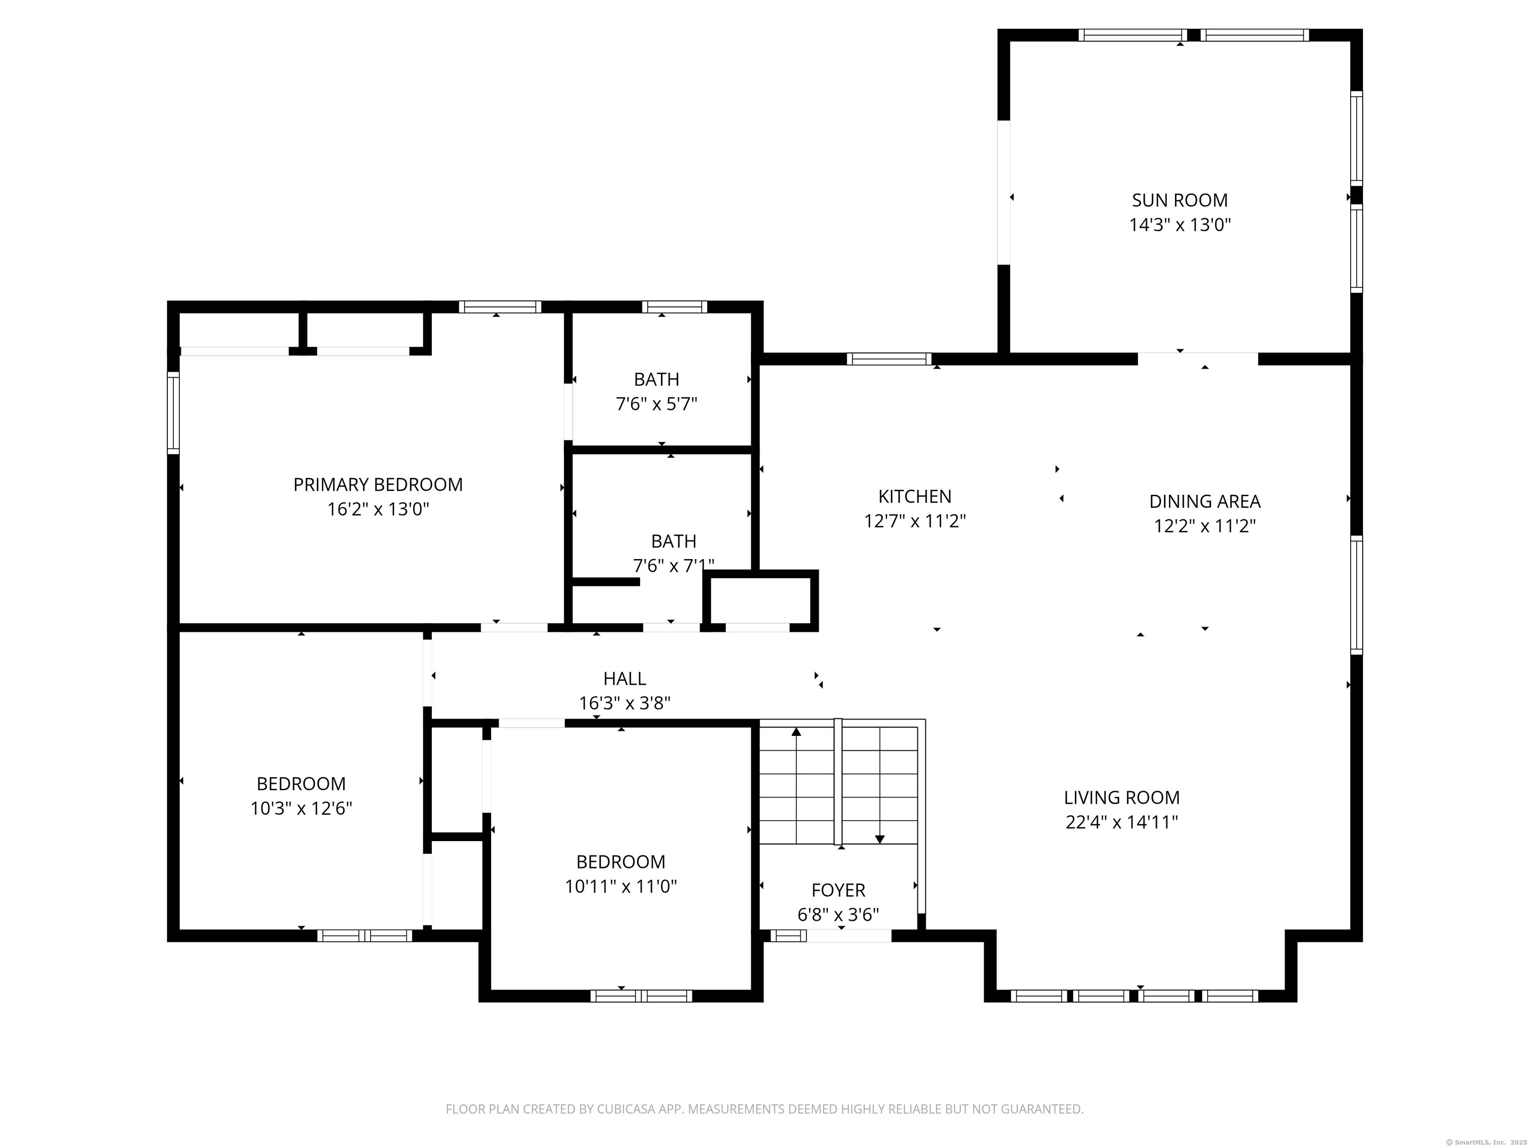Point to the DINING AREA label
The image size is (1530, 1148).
point(1204,501)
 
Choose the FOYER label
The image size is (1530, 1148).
point(838,890)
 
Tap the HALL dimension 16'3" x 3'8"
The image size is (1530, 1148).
point(625,703)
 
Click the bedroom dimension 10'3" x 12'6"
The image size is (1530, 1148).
point(301,808)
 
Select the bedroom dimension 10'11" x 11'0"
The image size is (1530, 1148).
point(621,886)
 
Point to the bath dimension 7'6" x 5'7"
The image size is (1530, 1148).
point(656,404)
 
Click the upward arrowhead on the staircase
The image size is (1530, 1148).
point(796,731)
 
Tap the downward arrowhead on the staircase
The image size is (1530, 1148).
point(880,840)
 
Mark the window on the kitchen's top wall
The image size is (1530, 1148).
point(889,358)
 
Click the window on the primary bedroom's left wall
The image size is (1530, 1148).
point(174,413)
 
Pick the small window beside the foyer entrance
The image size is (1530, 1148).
point(788,936)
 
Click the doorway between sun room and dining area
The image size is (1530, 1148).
point(1197,358)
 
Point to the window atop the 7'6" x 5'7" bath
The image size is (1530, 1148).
point(674,306)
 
